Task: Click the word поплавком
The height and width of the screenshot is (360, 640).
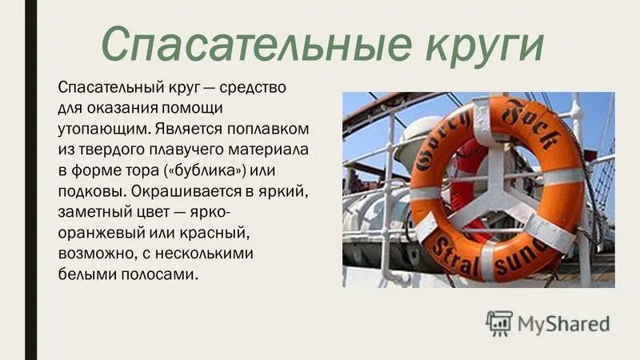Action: [271, 128]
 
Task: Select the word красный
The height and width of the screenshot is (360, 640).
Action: [199, 232]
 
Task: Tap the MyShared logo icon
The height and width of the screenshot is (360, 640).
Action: [498, 322]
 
